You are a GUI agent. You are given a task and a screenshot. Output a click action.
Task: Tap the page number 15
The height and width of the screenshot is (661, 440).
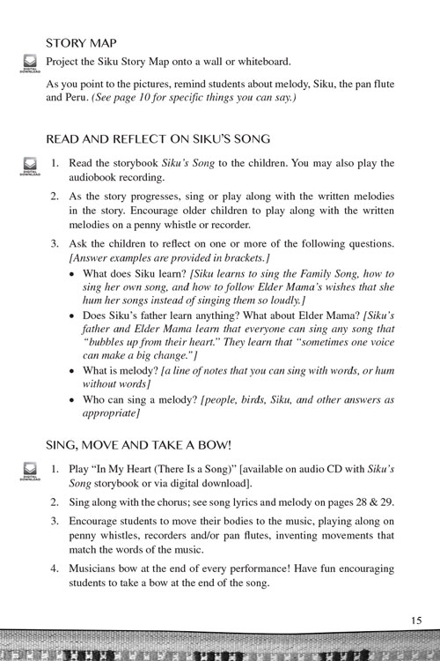(417, 619)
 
